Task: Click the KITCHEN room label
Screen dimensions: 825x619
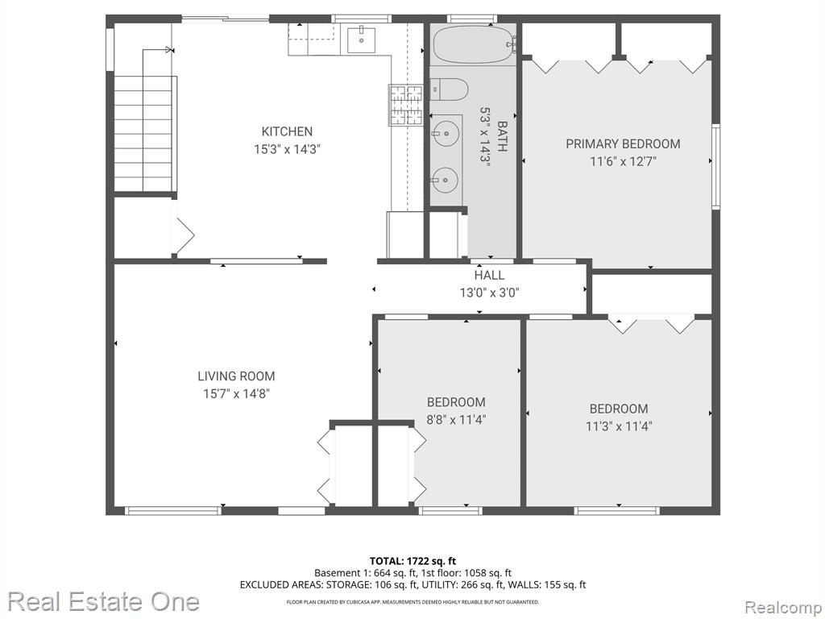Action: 287,131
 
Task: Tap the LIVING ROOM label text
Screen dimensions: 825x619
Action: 236,376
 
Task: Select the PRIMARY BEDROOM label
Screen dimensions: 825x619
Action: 623,143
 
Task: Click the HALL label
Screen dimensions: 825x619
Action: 489,275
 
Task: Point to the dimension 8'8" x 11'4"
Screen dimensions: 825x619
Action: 456,419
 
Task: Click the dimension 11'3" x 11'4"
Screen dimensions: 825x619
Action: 619,426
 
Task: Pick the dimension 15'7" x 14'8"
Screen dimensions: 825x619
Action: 236,393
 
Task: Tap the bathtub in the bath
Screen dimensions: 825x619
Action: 474,44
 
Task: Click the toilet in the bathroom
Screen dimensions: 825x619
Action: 449,89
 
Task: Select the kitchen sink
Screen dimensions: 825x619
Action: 361,39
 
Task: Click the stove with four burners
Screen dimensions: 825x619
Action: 406,106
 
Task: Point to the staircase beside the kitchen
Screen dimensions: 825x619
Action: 145,135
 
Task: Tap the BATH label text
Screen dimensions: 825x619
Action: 503,136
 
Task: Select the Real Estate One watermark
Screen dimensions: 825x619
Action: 104,601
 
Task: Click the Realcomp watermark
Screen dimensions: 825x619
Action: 783,607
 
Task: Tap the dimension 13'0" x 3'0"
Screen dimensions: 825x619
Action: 489,292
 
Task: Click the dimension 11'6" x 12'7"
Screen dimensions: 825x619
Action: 623,161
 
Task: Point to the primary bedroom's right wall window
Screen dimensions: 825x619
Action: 715,166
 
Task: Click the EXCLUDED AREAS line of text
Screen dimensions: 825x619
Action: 412,585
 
